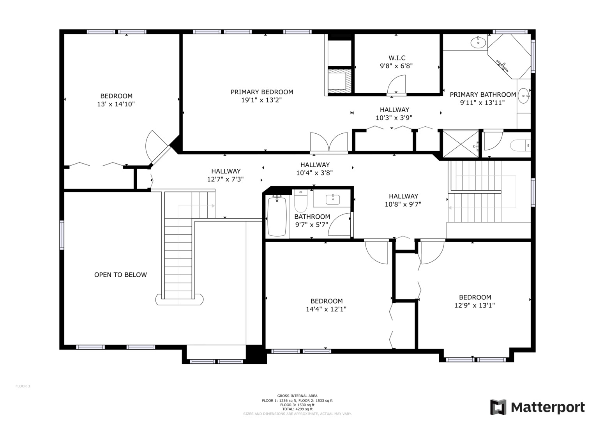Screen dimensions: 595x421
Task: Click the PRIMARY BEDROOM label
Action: [262, 92]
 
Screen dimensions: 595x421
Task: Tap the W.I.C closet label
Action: [397, 58]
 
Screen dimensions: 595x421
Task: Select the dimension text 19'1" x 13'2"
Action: [261, 100]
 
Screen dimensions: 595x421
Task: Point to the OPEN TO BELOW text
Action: [120, 274]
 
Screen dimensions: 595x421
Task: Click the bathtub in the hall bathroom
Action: [277, 216]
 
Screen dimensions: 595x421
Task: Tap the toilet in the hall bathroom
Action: [301, 201]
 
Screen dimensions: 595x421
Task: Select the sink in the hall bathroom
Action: [333, 199]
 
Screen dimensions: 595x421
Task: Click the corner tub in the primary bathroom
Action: [509, 57]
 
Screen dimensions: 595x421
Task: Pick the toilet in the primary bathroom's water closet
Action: [520, 145]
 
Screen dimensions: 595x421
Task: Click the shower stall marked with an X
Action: [461, 144]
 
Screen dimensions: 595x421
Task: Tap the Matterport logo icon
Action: [498, 407]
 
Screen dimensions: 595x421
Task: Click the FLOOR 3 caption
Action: [23, 386]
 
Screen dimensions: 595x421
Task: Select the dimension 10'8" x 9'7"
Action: [403, 204]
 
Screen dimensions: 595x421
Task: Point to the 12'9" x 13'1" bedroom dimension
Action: [475, 305]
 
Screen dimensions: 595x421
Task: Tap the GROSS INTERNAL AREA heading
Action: [297, 396]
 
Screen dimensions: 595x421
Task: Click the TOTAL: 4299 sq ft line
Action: [297, 409]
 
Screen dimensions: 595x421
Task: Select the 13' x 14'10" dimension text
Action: [116, 104]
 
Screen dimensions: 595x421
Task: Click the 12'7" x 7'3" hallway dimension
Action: [225, 179]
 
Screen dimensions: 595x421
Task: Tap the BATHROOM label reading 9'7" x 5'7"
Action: [312, 221]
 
